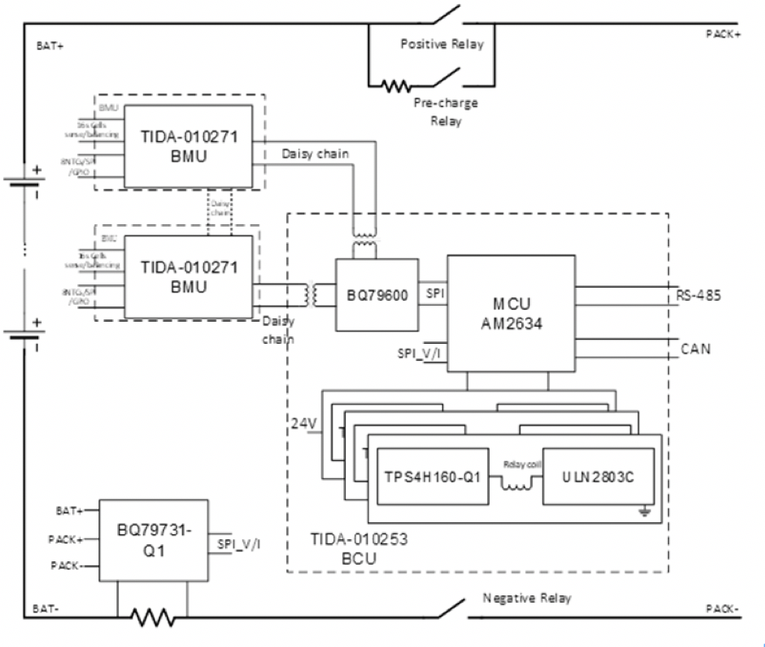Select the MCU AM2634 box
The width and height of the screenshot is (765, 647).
click(510, 313)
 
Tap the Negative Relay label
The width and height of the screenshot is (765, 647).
click(527, 598)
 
